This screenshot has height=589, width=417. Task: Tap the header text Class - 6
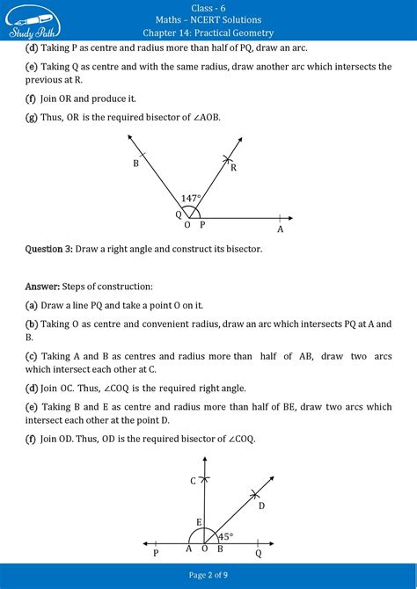208,6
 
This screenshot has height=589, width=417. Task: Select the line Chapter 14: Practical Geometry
208,33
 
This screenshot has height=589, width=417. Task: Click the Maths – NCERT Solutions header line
208,19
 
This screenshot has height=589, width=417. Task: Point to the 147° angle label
191,200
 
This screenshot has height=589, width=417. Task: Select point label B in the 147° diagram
136,164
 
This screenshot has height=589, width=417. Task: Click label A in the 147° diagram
280,229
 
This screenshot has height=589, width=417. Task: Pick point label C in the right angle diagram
193,480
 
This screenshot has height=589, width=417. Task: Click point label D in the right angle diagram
261,505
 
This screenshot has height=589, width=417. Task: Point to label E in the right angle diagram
198,522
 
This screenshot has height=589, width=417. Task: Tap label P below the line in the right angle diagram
156,554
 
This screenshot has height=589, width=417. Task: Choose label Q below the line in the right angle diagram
258,554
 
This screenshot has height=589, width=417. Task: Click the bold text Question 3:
48,250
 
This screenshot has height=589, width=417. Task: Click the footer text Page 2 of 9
208,574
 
